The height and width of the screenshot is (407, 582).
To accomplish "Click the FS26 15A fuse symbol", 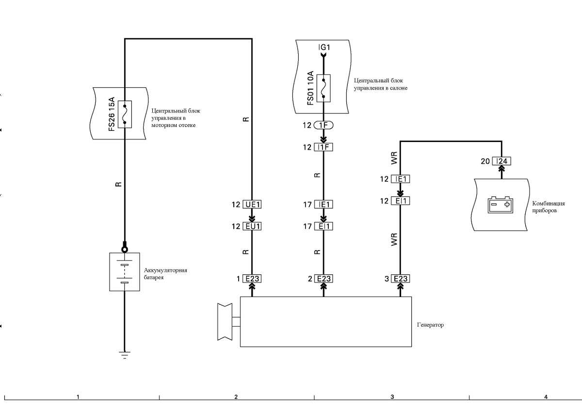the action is tap(125, 114).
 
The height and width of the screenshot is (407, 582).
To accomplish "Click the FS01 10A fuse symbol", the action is tap(323, 88).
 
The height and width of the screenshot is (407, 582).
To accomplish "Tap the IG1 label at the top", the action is tap(324, 47).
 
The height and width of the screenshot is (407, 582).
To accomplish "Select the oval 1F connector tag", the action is tap(323, 125).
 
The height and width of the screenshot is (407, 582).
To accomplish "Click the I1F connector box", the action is tap(323, 147).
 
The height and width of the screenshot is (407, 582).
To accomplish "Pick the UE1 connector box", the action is tap(252, 204).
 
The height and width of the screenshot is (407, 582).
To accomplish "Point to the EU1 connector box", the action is tap(252, 226).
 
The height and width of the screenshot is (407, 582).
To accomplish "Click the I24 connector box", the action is tap(501, 161).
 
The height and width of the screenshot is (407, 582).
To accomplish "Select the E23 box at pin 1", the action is tap(252, 279).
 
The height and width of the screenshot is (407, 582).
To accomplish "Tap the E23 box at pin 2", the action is tap(323, 279).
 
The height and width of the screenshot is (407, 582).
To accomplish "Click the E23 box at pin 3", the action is tap(401, 279).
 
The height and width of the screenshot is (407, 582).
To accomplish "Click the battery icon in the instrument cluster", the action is tap(501, 205).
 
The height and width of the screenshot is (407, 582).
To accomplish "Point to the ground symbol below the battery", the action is tap(125, 355).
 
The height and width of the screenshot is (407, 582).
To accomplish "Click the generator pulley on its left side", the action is tap(225, 322).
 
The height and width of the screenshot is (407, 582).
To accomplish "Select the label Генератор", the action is tap(430, 325).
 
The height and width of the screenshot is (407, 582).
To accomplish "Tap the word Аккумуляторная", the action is tap(165, 270).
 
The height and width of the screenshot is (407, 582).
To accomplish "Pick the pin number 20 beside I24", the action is tap(485, 161).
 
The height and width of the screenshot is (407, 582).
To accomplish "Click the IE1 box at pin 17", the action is tap(323, 204).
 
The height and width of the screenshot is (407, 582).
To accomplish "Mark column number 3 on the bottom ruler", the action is tap(392, 397).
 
